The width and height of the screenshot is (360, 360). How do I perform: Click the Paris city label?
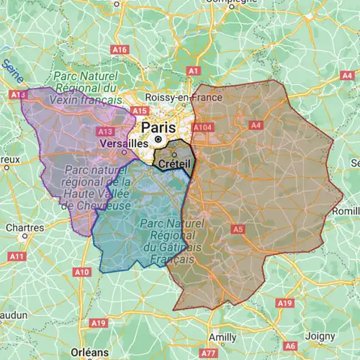(x=158, y=127)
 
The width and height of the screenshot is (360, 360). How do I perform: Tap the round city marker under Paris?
(x=158, y=138)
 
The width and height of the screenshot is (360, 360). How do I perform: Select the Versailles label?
(x=120, y=143)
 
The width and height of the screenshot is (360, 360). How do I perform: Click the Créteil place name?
(x=174, y=164)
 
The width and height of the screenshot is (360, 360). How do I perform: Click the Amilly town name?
(x=222, y=336)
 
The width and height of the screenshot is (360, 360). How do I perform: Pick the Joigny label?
(x=320, y=336)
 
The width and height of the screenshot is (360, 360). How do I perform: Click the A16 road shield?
(x=120, y=50)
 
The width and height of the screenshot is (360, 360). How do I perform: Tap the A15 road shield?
(x=140, y=111)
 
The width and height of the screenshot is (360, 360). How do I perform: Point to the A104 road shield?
(x=204, y=127)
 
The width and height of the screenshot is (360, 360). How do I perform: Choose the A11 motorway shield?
(x=17, y=256)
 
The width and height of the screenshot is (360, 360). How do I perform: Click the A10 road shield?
(x=81, y=271)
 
